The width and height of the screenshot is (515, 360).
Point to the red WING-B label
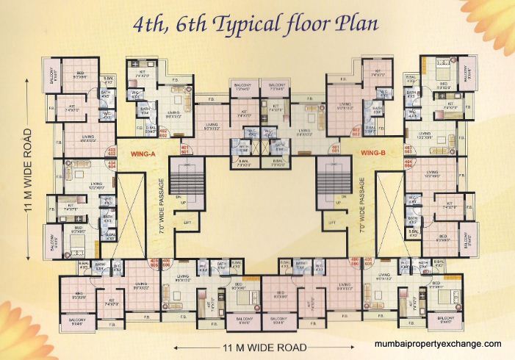click(x=374, y=153)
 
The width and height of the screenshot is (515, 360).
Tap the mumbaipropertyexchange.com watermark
click(x=438, y=344)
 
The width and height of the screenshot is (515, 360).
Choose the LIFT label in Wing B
click(x=332, y=221)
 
